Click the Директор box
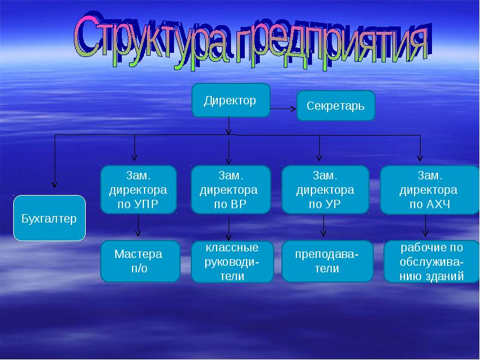[230, 100]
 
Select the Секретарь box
[335, 106]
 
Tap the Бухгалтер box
[49, 218]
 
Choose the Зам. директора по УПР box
[139, 190]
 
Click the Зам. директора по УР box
[325, 190]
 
